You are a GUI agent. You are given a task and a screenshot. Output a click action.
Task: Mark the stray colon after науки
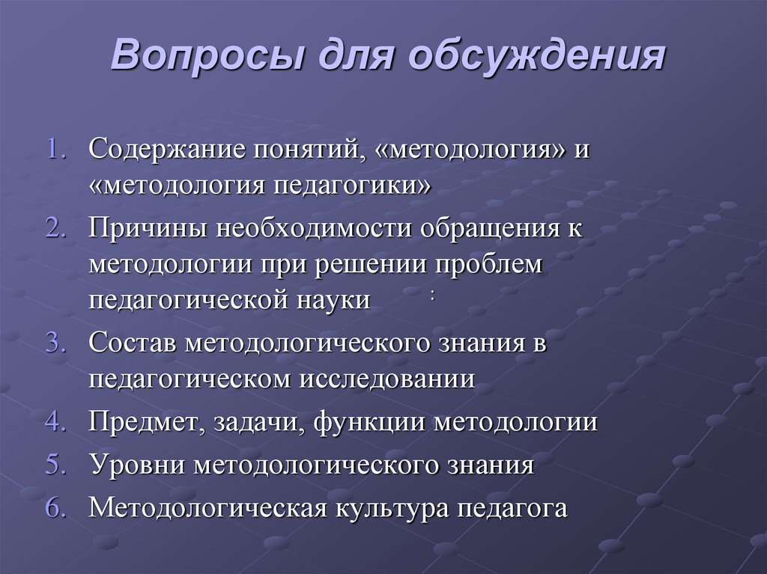433,296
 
